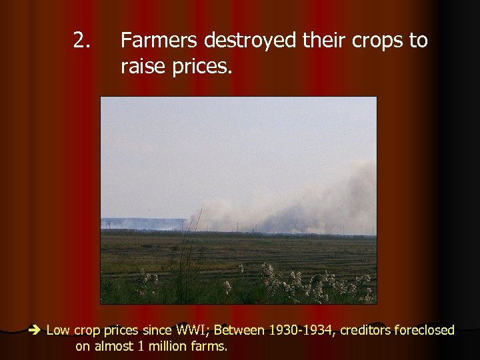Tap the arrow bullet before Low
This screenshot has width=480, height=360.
(x=35, y=330)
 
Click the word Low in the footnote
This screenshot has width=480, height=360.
(x=58, y=330)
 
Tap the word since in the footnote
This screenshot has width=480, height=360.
(x=155, y=330)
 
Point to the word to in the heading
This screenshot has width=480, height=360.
(x=419, y=41)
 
